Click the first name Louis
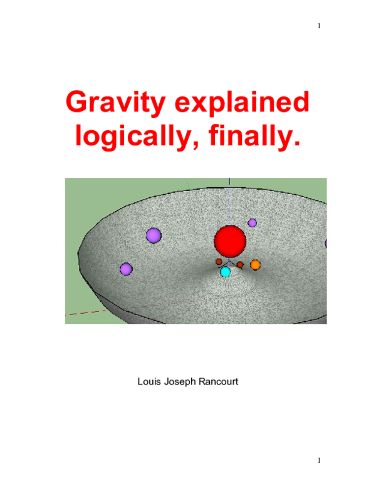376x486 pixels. pos(149,381)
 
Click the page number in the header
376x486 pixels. pos(319,26)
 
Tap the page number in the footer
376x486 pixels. pos(319,460)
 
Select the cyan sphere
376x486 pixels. pos(226,272)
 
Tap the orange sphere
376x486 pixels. pos(255,265)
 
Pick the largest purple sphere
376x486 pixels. pos(154,235)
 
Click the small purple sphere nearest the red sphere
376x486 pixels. pos(252,222)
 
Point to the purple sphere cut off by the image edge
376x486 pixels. pos(325,244)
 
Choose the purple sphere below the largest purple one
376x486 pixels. pos(126,269)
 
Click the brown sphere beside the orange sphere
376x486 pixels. pos(240,264)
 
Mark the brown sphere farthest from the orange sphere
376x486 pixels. pos(219,262)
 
